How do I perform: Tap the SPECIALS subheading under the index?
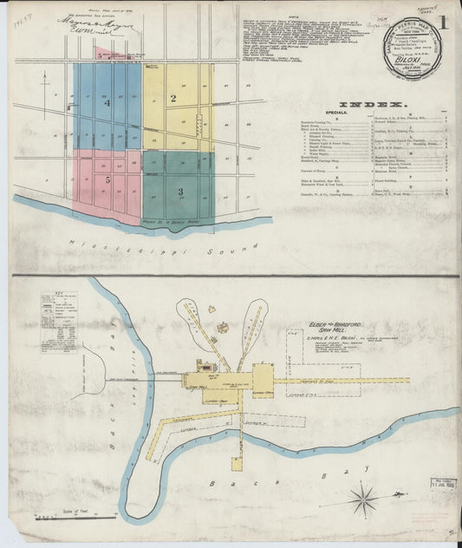[339, 113]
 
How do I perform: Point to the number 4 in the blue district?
[107, 102]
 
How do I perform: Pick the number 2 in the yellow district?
[173, 98]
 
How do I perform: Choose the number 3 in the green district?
[179, 190]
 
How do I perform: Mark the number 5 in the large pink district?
[107, 179]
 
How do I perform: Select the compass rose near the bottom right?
[362, 499]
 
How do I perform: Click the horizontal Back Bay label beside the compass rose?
[234, 485]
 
